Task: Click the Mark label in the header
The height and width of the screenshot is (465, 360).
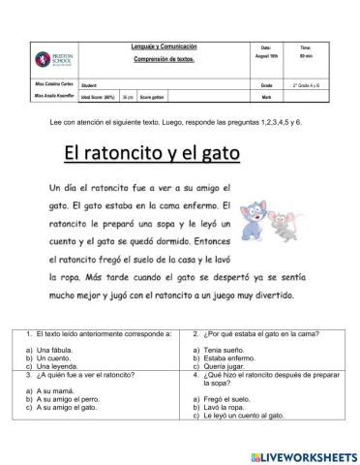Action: pos(266,98)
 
